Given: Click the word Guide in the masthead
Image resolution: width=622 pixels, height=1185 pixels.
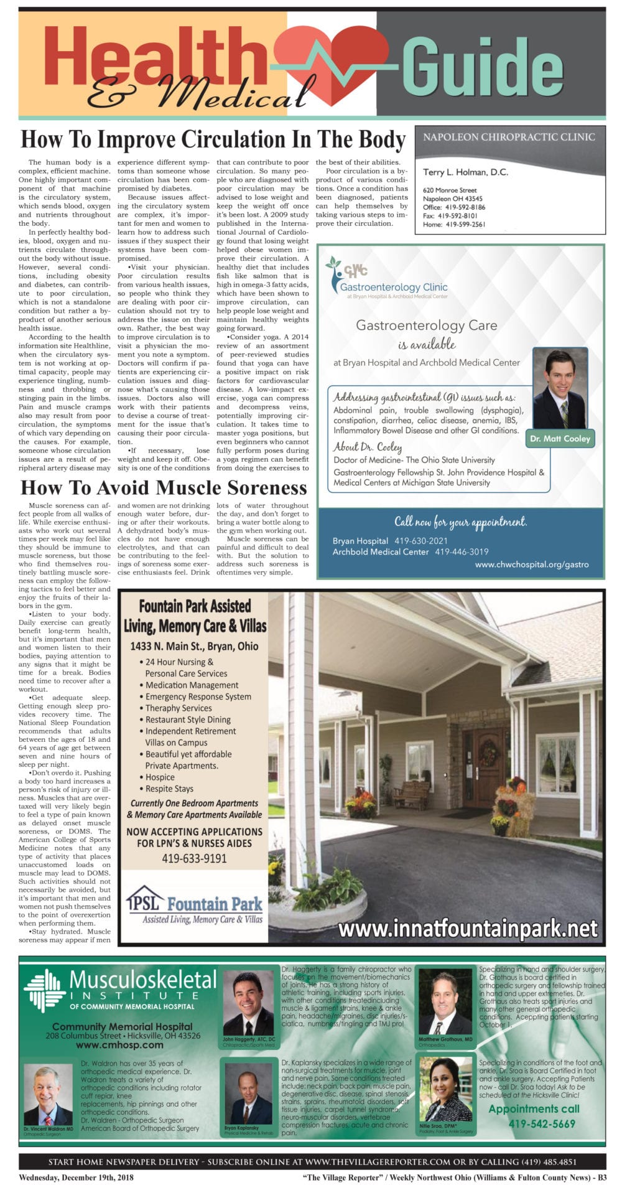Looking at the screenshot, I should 483,67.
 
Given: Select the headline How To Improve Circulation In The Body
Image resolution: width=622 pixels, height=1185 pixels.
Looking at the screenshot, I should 213,139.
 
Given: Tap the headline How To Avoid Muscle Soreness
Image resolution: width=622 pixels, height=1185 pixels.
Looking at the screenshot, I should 164,487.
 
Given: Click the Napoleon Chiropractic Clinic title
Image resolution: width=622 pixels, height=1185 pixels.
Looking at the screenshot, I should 509,137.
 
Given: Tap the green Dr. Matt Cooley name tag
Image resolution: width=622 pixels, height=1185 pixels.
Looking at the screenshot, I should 560,438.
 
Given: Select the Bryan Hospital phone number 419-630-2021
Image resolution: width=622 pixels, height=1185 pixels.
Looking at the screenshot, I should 421,541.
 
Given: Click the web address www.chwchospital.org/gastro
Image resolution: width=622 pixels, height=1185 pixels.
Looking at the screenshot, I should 531,564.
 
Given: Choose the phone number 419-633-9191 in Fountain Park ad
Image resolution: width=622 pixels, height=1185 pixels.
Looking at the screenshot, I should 194,858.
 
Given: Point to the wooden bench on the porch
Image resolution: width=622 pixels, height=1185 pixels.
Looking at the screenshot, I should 411,794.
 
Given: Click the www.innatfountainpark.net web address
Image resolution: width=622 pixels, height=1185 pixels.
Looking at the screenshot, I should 468,929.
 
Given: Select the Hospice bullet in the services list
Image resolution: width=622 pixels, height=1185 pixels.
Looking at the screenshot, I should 160,777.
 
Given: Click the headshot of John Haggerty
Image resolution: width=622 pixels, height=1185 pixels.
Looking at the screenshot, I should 248,1004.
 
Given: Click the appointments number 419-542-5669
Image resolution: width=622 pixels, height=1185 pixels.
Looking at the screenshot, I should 542,1123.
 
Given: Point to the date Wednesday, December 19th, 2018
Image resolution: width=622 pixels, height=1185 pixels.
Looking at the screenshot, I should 76,1178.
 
